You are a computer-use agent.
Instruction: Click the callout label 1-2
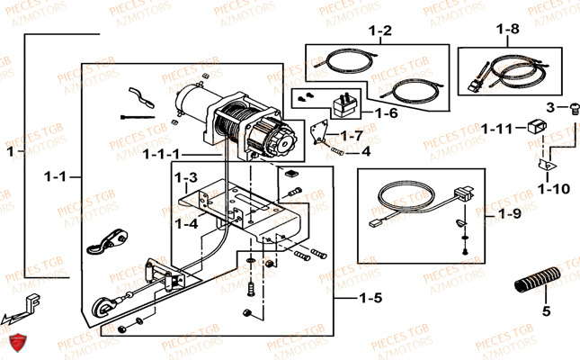[x=380, y=31]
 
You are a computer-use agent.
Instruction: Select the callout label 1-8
[x=507, y=29]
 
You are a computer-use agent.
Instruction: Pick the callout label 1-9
[x=508, y=214]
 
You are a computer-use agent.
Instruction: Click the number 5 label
[x=544, y=313]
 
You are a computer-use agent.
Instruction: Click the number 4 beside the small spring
[x=366, y=150]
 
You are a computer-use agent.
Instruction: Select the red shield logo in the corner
[x=15, y=344]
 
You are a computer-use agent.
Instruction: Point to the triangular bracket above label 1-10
[x=542, y=166]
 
